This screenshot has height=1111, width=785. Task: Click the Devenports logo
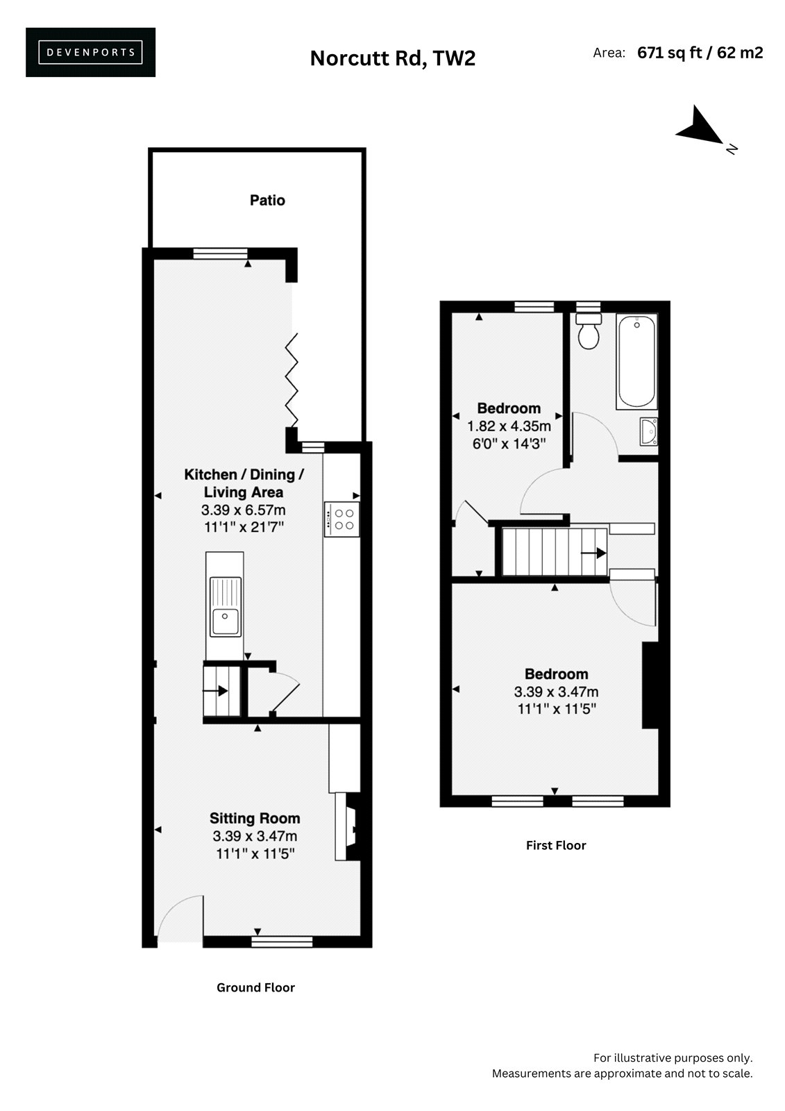click(90, 52)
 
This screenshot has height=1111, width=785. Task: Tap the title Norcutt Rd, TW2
click(392, 58)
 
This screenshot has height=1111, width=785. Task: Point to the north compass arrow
click(700, 126)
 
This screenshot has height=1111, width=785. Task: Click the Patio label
click(267, 201)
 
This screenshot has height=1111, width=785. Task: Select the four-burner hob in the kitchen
click(341, 519)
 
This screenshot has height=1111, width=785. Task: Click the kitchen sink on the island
click(225, 606)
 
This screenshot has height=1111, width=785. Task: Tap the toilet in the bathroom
click(589, 331)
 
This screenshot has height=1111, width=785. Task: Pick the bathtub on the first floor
click(636, 362)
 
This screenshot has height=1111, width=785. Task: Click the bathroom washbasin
click(649, 431)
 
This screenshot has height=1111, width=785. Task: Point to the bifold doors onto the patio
click(292, 380)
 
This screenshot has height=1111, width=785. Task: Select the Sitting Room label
click(255, 819)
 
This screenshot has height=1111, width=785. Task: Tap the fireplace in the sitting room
click(347, 826)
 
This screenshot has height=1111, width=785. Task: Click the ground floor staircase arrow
click(215, 691)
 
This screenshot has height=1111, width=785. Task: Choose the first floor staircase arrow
click(593, 552)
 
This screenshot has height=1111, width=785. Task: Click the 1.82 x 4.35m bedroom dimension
click(509, 426)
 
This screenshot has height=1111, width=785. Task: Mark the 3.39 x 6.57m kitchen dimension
click(243, 510)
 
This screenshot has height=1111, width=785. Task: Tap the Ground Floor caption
click(255, 987)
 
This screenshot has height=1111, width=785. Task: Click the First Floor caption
click(556, 845)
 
